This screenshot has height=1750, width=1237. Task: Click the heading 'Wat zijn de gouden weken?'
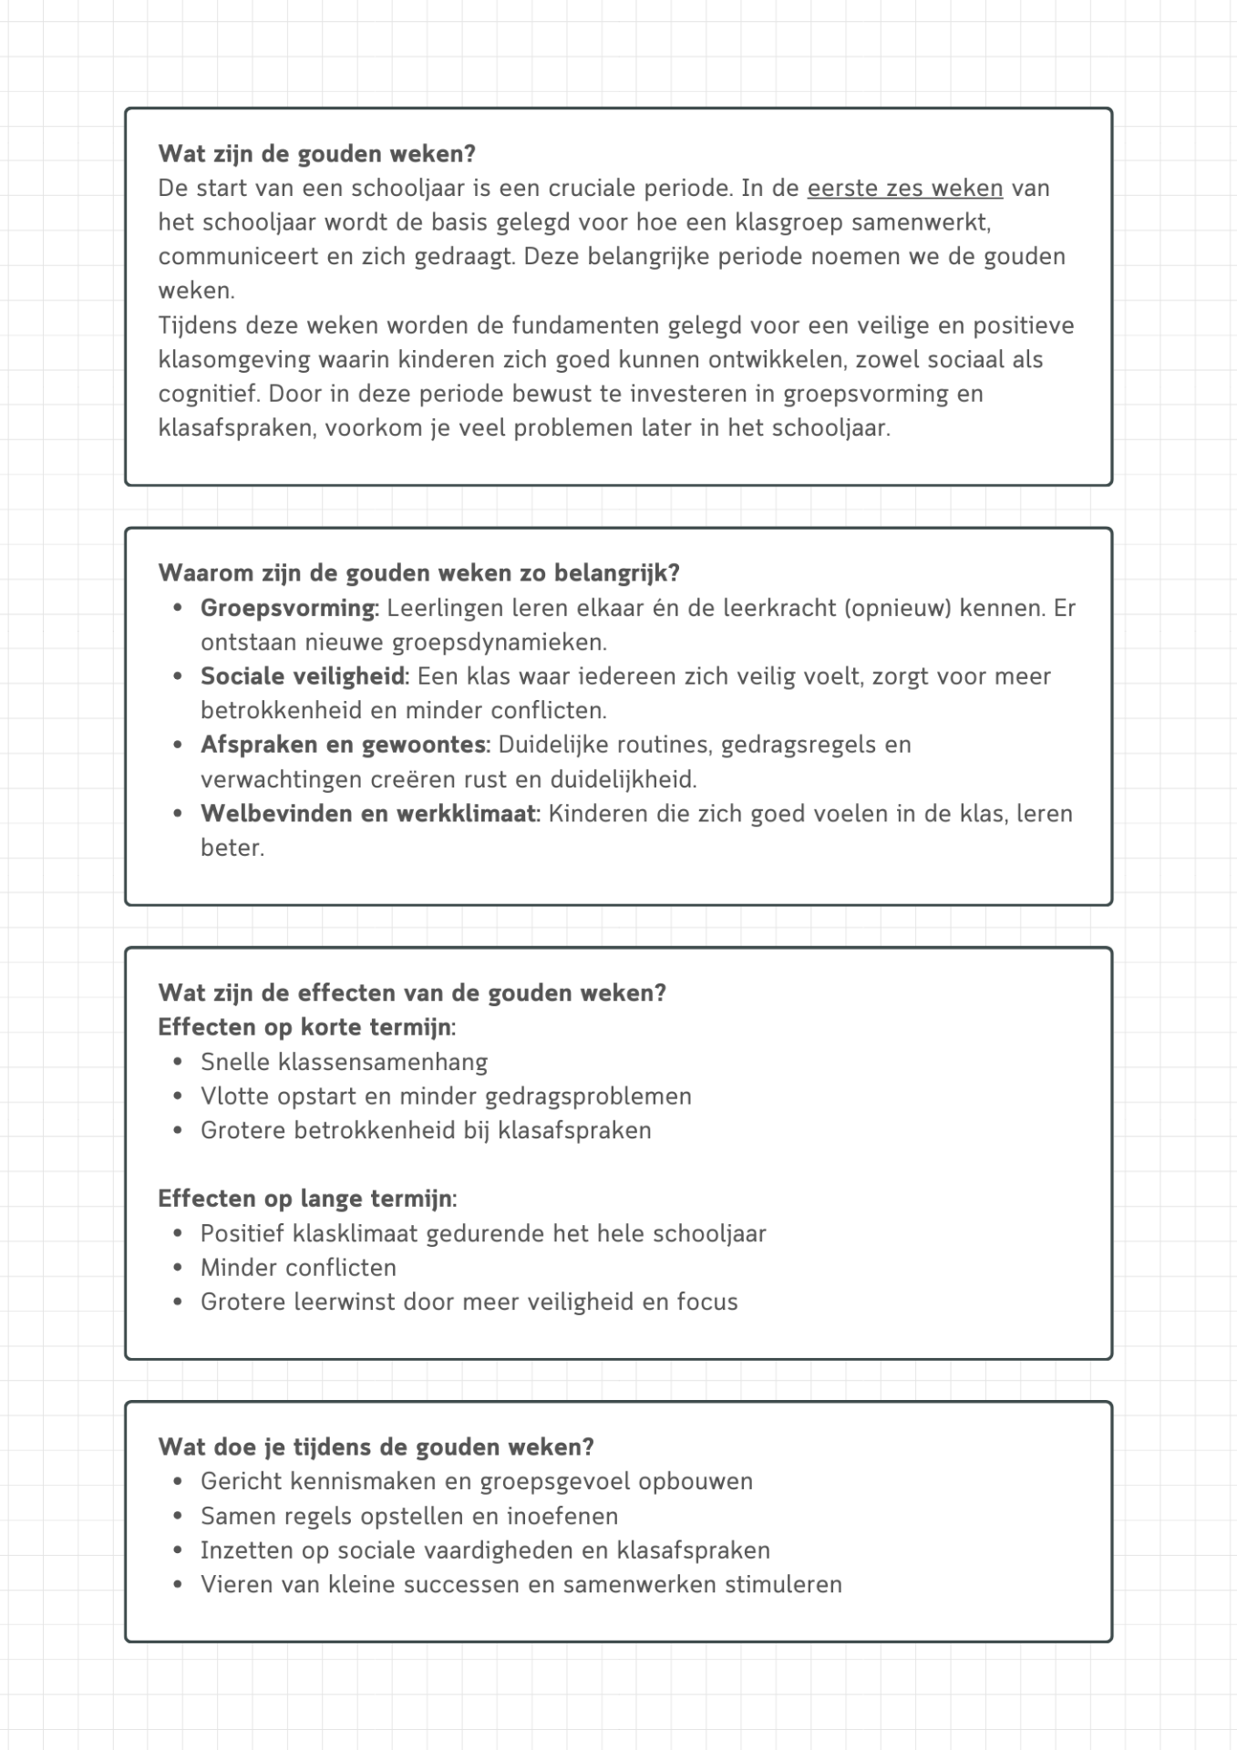pyautogui.click(x=316, y=154)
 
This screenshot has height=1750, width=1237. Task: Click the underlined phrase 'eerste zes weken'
pyautogui.click(x=904, y=189)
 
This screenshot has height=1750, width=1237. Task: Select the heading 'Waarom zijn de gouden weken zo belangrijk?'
pyautogui.click(x=418, y=573)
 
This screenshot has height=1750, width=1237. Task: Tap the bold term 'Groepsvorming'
pyautogui.click(x=288, y=608)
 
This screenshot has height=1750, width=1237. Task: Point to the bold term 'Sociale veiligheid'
pyautogui.click(x=304, y=676)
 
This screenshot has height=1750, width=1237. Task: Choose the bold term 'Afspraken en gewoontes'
pyautogui.click(x=344, y=745)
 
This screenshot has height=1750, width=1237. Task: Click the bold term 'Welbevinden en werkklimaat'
pyautogui.click(x=369, y=814)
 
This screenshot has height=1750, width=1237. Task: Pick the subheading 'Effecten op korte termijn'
pyautogui.click(x=304, y=1027)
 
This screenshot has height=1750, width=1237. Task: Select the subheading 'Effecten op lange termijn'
pyautogui.click(x=305, y=1199)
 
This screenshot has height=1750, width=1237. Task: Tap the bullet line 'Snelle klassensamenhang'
pyautogui.click(x=344, y=1062)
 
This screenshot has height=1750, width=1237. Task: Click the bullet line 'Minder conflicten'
pyautogui.click(x=298, y=1268)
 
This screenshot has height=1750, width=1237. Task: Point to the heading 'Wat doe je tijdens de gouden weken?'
pyautogui.click(x=376, y=1447)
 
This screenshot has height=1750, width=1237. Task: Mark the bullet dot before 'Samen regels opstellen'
pyautogui.click(x=178, y=1517)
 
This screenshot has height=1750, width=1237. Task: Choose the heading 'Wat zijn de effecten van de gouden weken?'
pyautogui.click(x=412, y=993)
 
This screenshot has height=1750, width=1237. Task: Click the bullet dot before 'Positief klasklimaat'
pyautogui.click(x=178, y=1233)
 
